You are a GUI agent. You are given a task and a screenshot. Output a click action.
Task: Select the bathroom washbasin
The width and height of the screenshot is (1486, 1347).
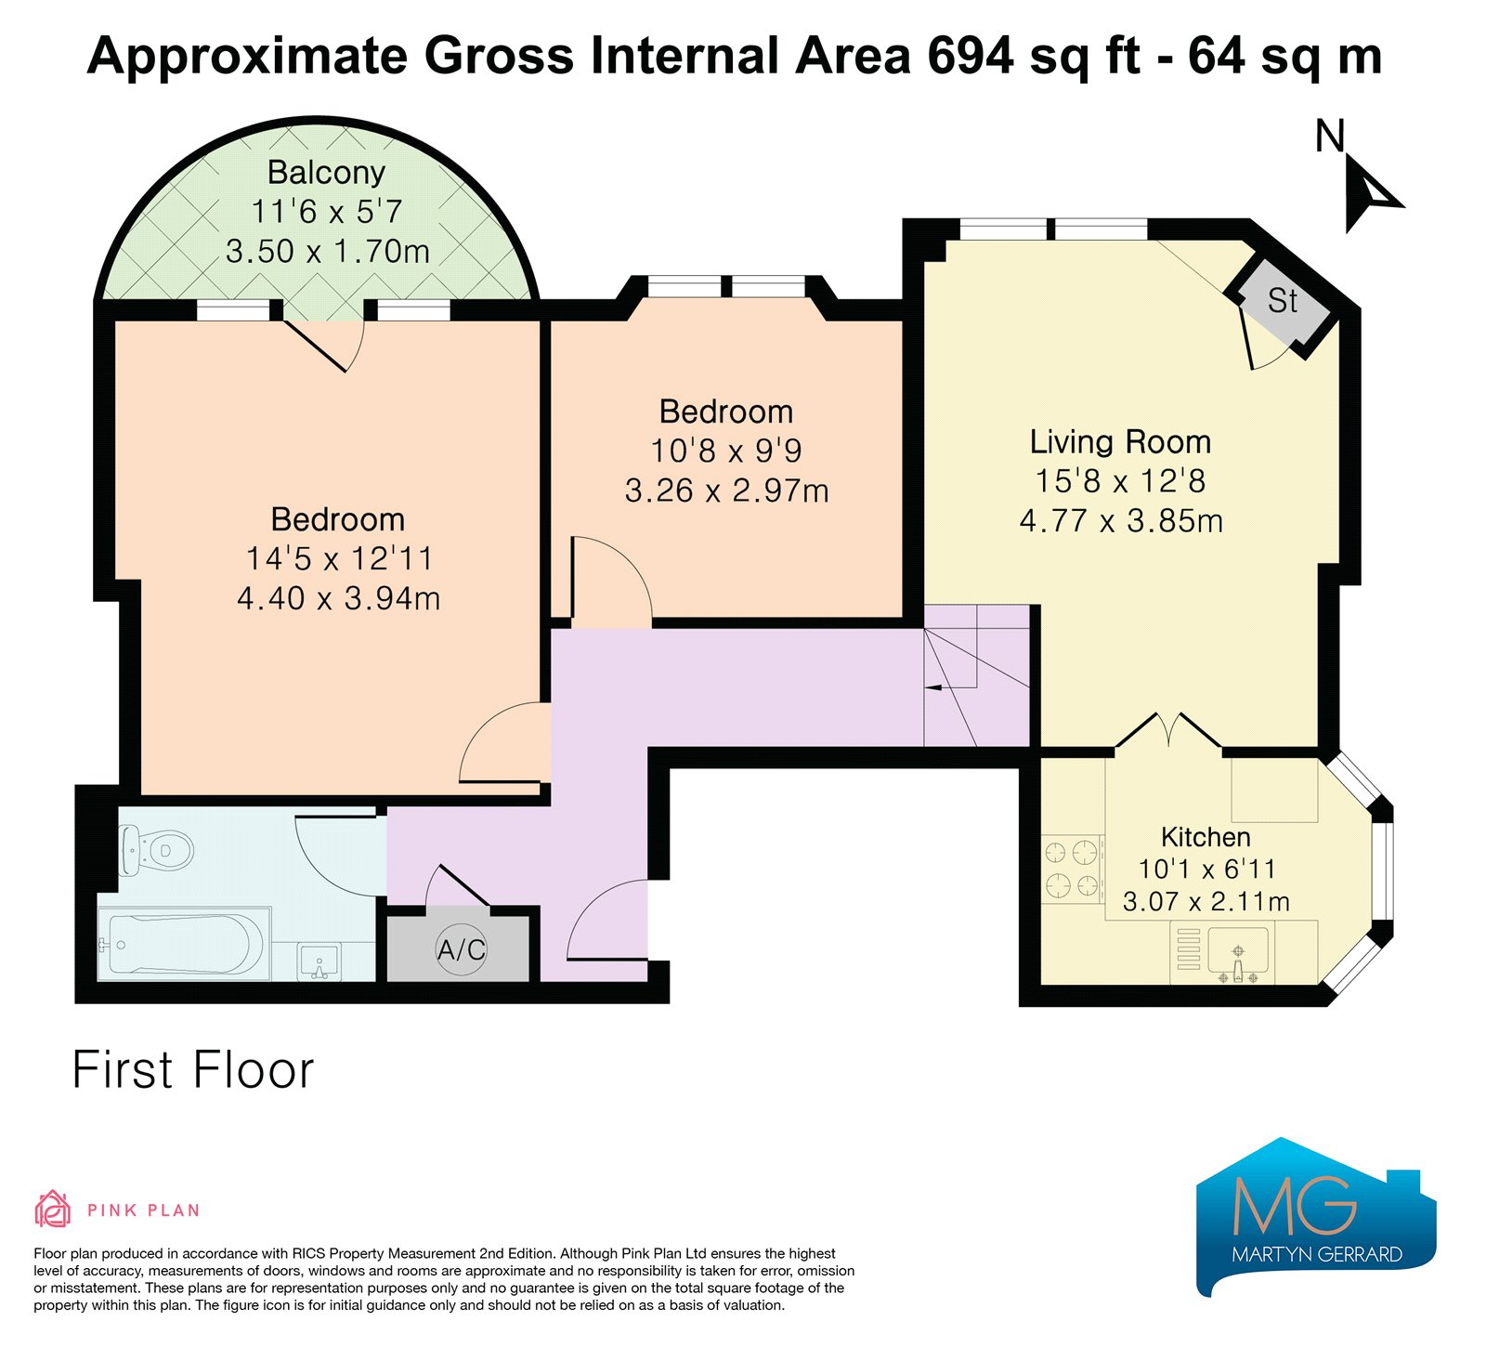[x=319, y=961]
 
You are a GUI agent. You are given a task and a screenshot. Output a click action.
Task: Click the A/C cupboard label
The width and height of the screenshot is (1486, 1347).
[x=462, y=949]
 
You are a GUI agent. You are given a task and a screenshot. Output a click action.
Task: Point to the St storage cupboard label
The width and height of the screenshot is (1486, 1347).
[x=1283, y=301]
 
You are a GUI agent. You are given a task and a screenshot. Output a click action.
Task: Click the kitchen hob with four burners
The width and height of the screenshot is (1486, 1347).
[x=1072, y=870]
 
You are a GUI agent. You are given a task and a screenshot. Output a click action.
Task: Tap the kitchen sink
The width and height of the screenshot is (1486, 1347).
[x=1238, y=954]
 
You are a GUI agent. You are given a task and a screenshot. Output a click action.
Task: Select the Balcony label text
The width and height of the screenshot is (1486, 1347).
[x=326, y=173]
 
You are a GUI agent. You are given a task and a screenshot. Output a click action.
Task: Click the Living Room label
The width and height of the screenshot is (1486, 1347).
[x=1120, y=441]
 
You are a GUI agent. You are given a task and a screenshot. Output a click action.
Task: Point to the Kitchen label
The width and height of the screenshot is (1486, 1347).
[x=1206, y=837]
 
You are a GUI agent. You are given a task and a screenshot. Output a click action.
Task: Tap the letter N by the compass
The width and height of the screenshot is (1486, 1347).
[x=1330, y=137]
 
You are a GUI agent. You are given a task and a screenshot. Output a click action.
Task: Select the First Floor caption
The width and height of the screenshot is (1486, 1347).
[x=193, y=1070]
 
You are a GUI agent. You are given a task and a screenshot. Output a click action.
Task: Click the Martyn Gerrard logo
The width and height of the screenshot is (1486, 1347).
[x=1316, y=1217]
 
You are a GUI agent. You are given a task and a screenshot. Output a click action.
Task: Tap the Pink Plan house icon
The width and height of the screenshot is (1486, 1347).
[x=52, y=1209]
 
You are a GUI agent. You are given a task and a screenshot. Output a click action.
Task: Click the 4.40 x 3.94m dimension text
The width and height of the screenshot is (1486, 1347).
[x=338, y=598]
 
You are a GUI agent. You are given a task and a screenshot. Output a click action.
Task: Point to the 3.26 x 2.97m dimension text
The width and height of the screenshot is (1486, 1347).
[x=726, y=490]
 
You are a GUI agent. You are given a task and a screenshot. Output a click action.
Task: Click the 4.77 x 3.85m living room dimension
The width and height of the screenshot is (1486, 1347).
[x=1121, y=520]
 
